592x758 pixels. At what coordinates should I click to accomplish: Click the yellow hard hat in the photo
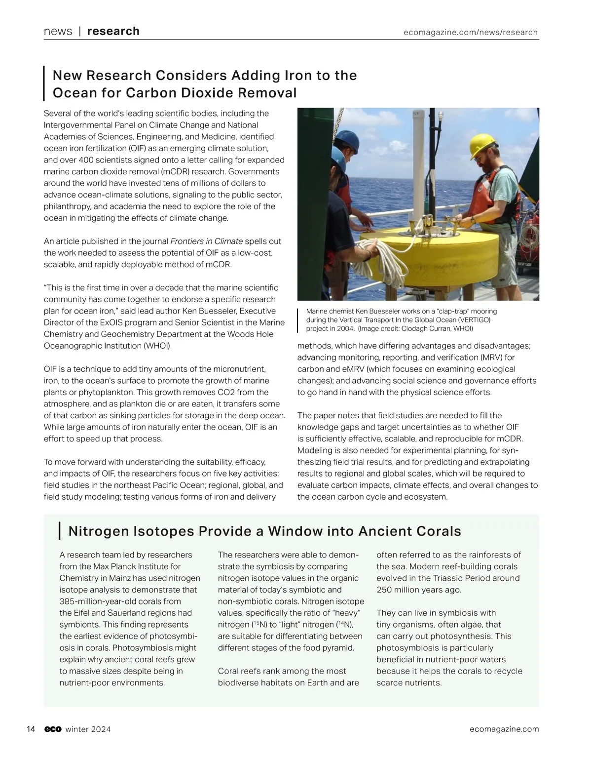482,145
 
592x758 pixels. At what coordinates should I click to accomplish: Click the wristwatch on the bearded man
473,220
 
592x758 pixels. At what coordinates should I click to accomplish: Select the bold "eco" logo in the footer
53,729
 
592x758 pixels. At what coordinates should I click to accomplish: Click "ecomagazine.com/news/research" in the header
470,33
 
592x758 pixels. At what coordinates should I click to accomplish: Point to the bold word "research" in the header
113,32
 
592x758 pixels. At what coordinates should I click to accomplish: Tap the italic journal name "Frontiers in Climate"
206,241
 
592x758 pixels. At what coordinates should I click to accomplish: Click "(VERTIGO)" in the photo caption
473,320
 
